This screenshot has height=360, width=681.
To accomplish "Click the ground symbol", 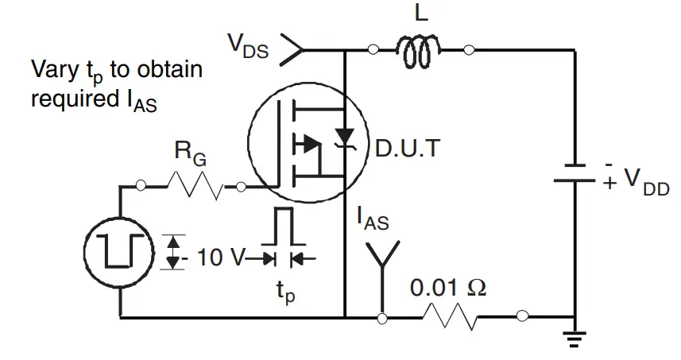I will point(573,338).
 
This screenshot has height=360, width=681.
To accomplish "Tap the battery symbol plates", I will point(574,173).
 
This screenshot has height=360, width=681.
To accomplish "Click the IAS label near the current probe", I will point(373,218).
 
